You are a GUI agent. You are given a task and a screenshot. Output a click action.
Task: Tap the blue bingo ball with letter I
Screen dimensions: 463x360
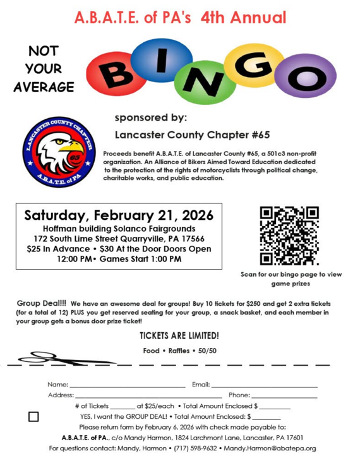click(x=162, y=59)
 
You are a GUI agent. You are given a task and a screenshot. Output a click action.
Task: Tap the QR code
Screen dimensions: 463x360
click(x=289, y=235)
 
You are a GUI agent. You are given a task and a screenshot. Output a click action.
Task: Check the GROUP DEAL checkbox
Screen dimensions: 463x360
click(x=33, y=416)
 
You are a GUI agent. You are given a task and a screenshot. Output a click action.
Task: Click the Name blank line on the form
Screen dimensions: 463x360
click(x=127, y=385)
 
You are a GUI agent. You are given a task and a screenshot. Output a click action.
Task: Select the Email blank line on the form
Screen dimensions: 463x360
click(x=264, y=385)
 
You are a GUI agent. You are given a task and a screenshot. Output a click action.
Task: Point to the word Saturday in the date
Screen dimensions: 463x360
click(x=59, y=215)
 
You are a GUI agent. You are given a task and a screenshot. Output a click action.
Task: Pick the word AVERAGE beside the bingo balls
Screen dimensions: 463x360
click(x=44, y=87)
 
